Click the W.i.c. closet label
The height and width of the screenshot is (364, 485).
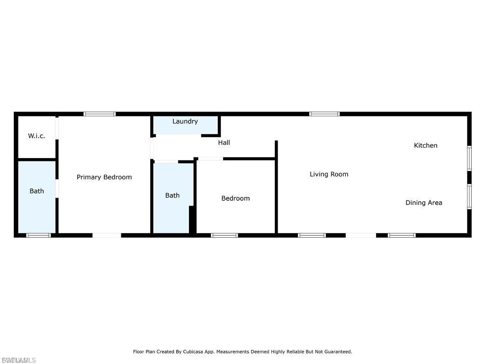tap(36, 136)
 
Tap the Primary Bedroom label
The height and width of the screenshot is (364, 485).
tap(104, 177)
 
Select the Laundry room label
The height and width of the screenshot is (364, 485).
tap(185, 121)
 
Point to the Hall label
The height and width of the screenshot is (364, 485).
tap(224, 142)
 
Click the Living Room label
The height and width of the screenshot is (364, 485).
tap(329, 174)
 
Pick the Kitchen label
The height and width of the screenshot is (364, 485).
tap(425, 145)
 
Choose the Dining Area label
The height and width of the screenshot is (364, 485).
tap(423, 203)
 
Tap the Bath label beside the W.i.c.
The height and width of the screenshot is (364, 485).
tap(36, 191)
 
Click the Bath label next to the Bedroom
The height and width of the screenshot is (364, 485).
tap(172, 195)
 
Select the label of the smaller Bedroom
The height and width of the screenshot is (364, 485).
tap(235, 198)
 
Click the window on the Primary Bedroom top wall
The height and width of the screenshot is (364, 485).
tap(99, 114)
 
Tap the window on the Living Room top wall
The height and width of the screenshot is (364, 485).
tap(324, 114)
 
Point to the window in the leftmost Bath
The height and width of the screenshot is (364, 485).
tap(38, 235)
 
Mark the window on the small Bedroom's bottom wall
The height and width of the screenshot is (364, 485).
tap(225, 235)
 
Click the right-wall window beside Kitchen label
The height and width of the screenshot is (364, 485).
tap(469, 158)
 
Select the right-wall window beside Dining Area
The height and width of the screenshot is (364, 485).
tap(469, 196)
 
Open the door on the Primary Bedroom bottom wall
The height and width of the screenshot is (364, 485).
tap(107, 235)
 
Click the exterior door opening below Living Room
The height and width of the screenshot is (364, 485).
tap(361, 235)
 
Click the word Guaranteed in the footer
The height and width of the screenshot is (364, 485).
tap(337, 352)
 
